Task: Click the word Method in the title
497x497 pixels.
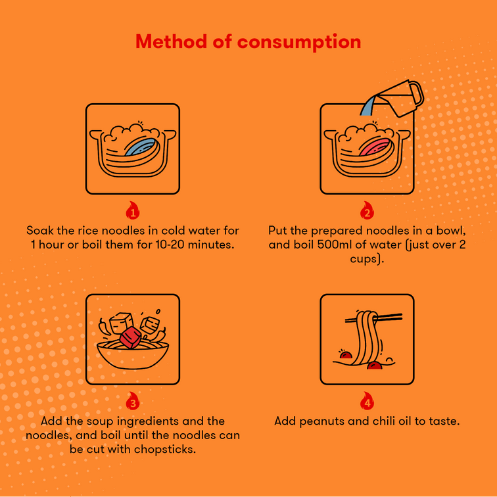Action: tap(171, 41)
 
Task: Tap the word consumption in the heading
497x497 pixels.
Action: tap(299, 43)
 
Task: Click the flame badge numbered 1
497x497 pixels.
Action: tap(133, 210)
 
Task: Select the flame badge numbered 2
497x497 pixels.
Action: tap(367, 210)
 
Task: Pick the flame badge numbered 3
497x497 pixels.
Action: tap(133, 400)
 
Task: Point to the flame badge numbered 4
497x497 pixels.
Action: tap(367, 400)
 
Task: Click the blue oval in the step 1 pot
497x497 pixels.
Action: tap(141, 147)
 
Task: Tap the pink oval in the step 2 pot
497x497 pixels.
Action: tap(375, 147)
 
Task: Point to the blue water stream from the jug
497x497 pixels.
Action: tap(367, 106)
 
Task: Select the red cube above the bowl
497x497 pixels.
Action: tap(130, 337)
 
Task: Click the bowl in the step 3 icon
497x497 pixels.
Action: tap(133, 355)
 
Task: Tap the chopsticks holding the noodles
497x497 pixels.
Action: tap(373, 318)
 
